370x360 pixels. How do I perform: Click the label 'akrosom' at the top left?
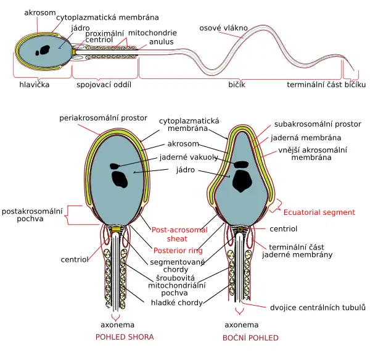tap(39, 12)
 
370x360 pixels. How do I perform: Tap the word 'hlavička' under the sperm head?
tap(35, 85)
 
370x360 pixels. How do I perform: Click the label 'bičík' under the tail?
tap(237, 85)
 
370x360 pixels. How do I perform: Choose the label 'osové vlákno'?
tap(223, 27)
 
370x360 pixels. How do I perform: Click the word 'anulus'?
tap(161, 42)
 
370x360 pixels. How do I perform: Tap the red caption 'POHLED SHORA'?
tap(124, 337)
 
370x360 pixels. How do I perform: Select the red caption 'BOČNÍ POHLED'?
tap(250, 338)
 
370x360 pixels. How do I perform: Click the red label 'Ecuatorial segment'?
tap(319, 212)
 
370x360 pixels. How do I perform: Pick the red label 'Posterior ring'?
tap(178, 251)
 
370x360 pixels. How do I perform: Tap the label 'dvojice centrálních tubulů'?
tap(318, 308)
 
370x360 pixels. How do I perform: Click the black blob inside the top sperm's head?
tap(43, 51)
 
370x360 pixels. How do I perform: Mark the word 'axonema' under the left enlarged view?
tap(118, 325)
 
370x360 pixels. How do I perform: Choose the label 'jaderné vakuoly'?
tap(188, 157)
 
